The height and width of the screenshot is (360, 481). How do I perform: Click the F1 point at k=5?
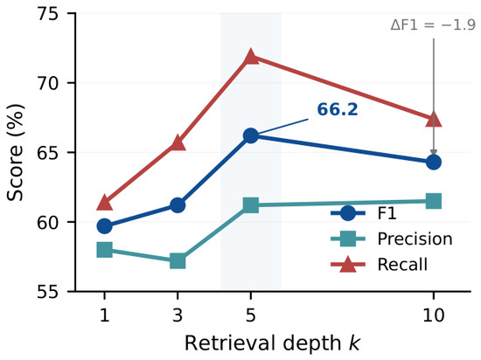[251, 135]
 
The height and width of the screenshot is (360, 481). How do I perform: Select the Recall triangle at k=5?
[251, 57]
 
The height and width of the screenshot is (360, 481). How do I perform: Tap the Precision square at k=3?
[178, 260]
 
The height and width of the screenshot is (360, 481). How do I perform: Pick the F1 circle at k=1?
[104, 226]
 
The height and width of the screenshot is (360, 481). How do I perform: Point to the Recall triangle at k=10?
[434, 120]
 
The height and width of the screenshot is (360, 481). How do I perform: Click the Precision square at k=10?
[434, 201]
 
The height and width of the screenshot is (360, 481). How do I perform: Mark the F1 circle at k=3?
[178, 205]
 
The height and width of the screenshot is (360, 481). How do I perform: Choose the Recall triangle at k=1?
[104, 203]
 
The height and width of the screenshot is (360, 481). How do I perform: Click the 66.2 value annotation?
[338, 109]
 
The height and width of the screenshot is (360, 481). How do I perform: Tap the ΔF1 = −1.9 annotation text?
[433, 25]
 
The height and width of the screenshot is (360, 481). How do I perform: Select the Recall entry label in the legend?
[402, 264]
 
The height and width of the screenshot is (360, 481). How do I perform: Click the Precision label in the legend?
[415, 239]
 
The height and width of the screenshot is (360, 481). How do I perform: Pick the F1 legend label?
[387, 213]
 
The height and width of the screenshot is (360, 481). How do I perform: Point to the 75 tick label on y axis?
[47, 14]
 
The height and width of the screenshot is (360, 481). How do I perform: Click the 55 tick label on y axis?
[47, 292]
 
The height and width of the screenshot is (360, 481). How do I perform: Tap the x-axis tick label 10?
[433, 315]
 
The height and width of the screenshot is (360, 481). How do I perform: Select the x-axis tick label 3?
[178, 315]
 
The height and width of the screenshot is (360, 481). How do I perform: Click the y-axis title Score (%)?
[16, 152]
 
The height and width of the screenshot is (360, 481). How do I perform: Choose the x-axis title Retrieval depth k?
[272, 343]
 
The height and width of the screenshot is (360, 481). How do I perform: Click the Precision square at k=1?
[104, 249]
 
